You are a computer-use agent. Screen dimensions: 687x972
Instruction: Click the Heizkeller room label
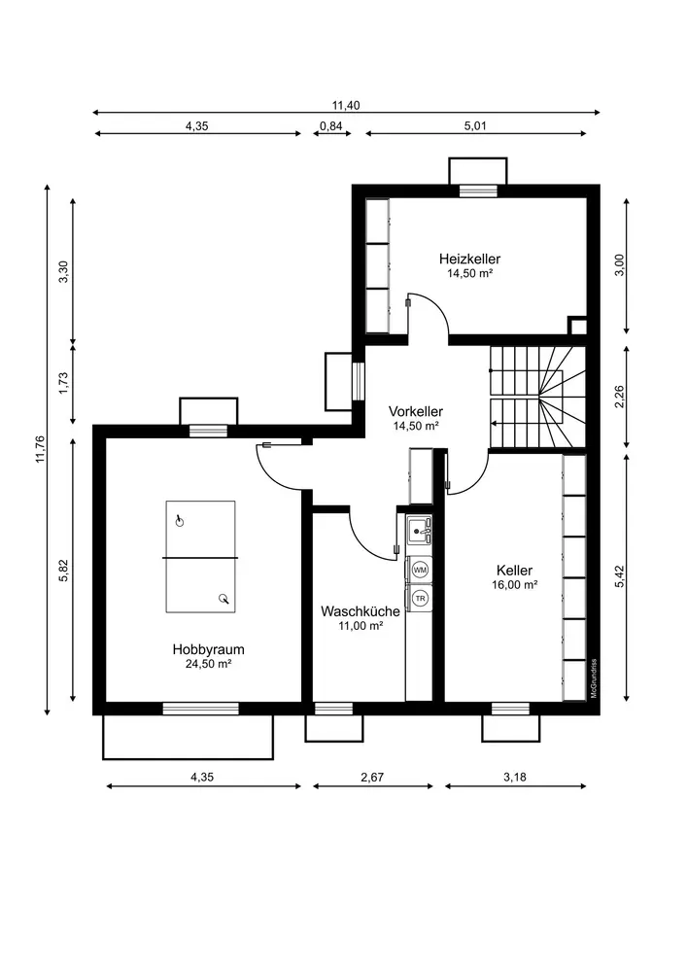[469, 259]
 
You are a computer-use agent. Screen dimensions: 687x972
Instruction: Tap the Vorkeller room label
[416, 411]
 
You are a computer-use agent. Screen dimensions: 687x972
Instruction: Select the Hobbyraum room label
[208, 649]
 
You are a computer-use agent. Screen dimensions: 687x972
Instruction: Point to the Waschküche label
[360, 611]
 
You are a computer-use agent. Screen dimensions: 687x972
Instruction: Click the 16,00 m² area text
[514, 584]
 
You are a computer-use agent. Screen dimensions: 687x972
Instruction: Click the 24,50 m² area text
[208, 664]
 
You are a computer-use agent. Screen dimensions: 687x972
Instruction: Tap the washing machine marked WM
[420, 569]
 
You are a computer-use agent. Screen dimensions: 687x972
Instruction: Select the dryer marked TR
[420, 598]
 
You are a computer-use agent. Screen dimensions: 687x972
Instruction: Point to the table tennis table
[200, 557]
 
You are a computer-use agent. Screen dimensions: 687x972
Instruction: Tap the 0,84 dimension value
[331, 125]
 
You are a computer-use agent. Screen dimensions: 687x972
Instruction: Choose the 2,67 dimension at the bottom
[373, 777]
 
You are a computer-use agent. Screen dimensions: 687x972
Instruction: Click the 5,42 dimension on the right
[620, 576]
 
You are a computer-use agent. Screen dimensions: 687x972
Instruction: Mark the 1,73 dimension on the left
[63, 384]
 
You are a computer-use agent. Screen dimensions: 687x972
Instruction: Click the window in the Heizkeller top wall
[478, 191]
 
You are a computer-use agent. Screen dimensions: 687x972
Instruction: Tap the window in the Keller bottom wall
[510, 709]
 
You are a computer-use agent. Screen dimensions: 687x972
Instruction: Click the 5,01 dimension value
[475, 125]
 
